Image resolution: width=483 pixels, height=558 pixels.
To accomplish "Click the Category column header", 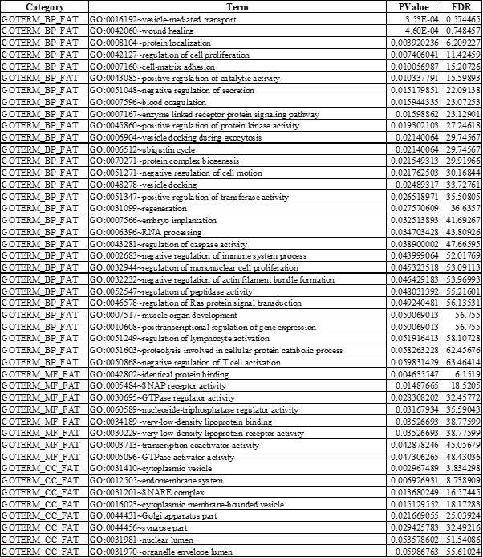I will point(41,6).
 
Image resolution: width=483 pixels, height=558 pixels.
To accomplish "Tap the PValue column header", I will point(415,6).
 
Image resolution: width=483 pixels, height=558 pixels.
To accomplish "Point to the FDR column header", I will point(461,6).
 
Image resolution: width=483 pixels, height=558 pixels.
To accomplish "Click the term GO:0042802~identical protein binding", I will point(144,376).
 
